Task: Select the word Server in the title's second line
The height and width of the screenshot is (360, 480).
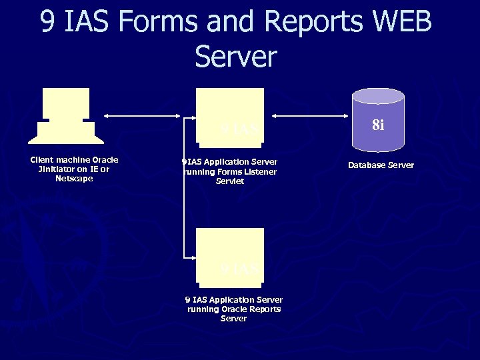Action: point(235,56)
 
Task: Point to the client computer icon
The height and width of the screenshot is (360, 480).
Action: point(65,116)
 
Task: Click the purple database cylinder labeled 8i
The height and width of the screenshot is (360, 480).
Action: point(378,120)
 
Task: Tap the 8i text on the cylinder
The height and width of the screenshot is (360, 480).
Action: point(378,125)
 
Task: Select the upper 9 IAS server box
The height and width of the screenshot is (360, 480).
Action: point(230,115)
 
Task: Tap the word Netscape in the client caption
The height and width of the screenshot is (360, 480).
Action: point(74,179)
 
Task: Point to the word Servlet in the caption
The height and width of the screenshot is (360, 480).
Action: point(230,181)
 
